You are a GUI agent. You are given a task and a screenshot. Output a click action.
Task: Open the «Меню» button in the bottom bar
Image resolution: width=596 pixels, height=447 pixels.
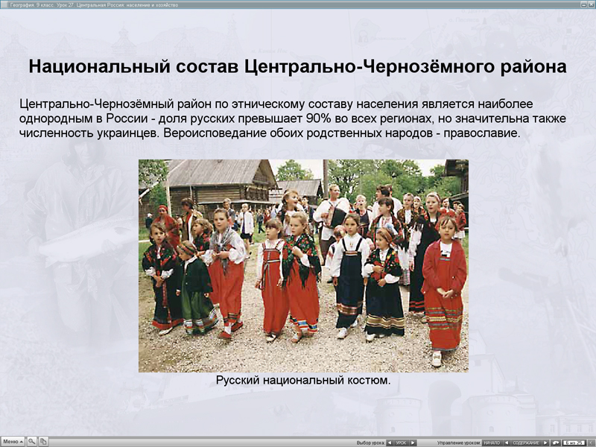click(13, 442)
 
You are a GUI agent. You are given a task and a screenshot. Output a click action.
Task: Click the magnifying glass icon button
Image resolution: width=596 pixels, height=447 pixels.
click(32, 442)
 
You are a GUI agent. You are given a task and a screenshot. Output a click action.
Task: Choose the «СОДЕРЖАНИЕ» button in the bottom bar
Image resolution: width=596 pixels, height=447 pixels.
click(525, 443)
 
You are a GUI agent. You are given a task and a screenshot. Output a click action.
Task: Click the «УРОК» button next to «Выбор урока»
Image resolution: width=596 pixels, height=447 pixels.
click(401, 443)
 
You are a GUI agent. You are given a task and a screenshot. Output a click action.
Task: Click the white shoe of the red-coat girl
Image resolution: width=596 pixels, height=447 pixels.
click(437, 359)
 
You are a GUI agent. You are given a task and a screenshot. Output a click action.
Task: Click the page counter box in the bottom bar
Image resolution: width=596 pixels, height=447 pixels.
click(574, 443)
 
